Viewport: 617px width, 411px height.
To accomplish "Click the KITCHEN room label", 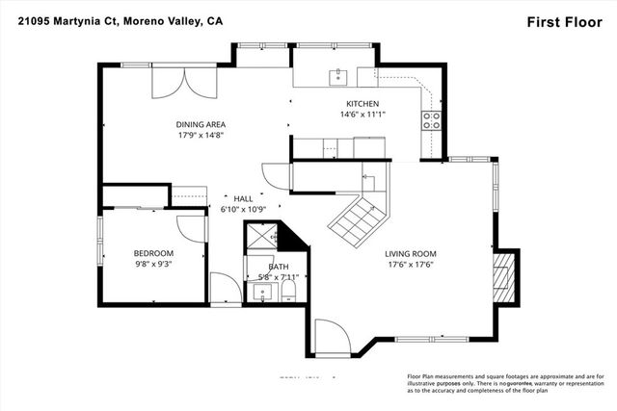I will tap(362, 103).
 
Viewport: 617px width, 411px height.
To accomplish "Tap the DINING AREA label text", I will tap(201, 124).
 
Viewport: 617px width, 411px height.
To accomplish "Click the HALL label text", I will tap(242, 197).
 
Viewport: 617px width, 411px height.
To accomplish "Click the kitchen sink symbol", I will tap(338, 76).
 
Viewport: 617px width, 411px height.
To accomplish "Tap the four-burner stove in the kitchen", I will tap(431, 120).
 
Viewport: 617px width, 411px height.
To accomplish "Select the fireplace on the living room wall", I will tap(502, 273).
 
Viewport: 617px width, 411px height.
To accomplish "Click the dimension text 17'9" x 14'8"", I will tap(201, 137).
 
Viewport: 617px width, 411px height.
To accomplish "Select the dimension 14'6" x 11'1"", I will tap(362, 115).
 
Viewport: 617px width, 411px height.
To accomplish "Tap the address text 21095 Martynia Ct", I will tap(66, 21).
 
